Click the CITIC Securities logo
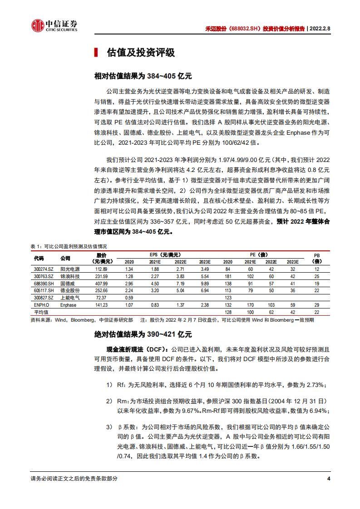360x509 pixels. point(54,26)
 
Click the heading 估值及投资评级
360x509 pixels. point(140,53)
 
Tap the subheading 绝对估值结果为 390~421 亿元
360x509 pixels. point(143,334)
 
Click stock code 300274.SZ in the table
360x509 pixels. point(44,269)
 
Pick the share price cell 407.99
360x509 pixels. point(101,283)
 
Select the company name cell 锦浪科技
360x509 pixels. point(69,276)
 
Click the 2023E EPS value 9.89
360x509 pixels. point(205,283)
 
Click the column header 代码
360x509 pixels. point(39,258)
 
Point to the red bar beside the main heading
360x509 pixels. point(95,53)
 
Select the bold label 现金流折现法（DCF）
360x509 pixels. point(135,350)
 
